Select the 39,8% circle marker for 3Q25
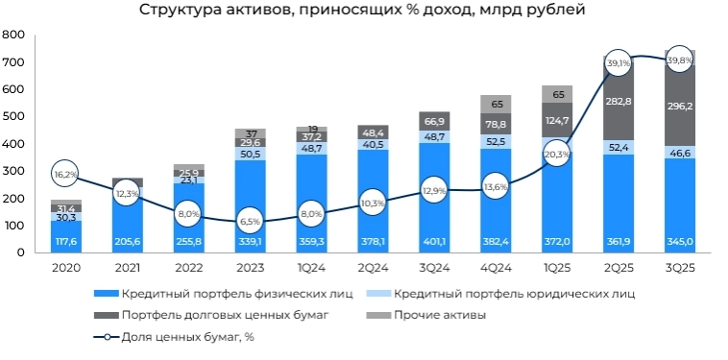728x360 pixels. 680,60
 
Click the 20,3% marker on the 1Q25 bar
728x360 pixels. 557,154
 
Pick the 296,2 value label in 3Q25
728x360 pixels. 680,108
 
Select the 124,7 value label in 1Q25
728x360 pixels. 557,120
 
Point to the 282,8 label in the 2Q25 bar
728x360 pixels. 619,101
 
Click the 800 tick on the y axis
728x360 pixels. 13,35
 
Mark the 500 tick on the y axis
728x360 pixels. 13,116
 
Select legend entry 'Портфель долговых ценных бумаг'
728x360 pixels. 220,314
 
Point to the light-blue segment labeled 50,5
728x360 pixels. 250,154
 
